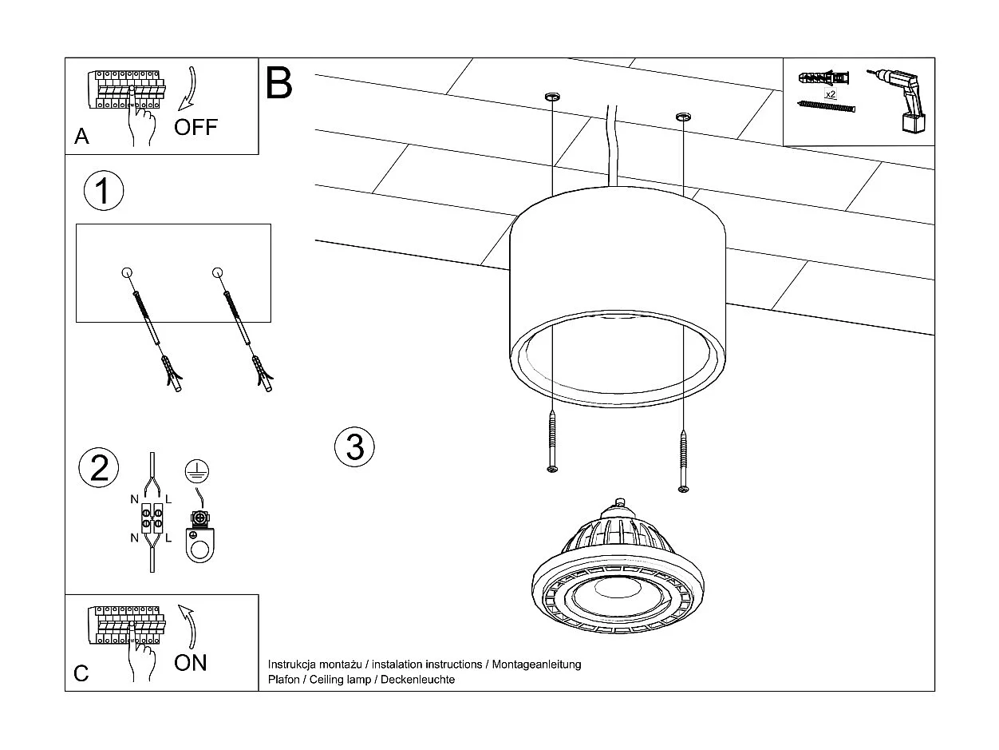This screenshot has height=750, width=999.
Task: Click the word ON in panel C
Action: (x=190, y=662)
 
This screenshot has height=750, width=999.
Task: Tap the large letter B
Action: (x=278, y=83)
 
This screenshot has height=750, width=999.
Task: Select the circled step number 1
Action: (x=104, y=192)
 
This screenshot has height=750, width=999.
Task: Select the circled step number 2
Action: (x=100, y=467)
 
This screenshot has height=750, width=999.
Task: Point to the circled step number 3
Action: (x=354, y=446)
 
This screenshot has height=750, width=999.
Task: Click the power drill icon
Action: (x=898, y=97)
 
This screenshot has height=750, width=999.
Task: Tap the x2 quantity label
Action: (x=830, y=94)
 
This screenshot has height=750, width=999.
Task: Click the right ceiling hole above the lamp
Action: (x=683, y=118)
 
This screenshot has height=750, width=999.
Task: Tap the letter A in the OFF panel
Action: (x=81, y=137)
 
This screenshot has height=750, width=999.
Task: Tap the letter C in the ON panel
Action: (x=81, y=673)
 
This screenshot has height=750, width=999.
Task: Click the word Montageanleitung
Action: (x=536, y=665)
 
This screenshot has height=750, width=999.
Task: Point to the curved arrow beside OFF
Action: (x=188, y=89)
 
